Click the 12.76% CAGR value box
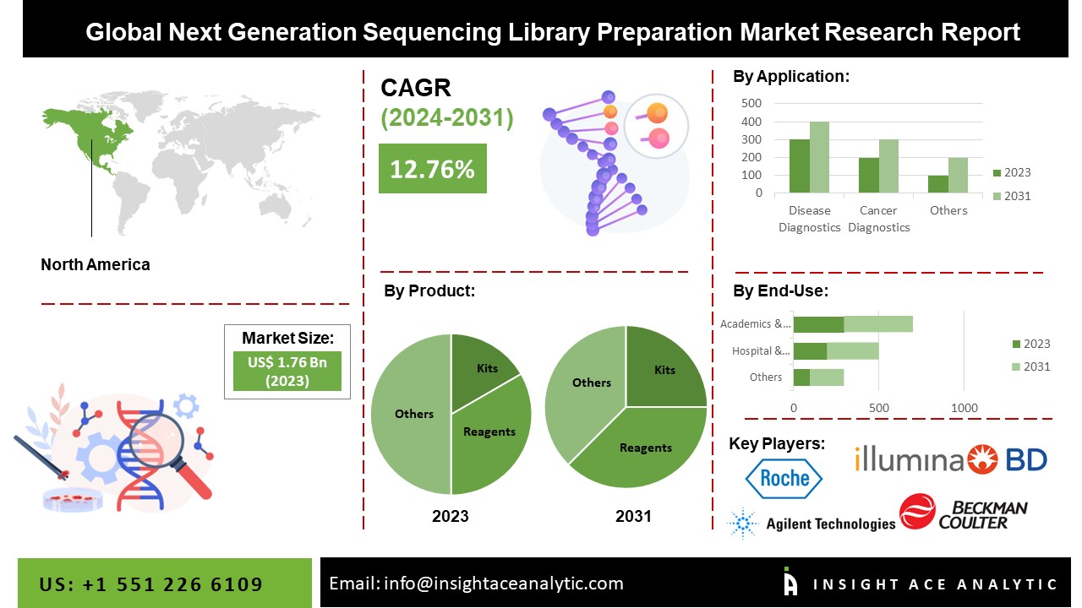[432, 168]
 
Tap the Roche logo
[783, 478]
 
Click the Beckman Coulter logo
[964, 513]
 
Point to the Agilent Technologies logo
[811, 524]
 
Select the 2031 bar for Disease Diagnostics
[819, 157]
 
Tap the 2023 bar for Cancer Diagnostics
[868, 175]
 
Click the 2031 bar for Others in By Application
[958, 175]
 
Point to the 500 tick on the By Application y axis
[751, 103]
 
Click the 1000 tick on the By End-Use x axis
[965, 408]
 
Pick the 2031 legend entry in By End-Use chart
[1030, 366]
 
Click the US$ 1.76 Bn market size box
[287, 371]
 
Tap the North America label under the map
[96, 264]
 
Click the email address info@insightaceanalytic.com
[476, 584]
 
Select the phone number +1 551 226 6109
[151, 584]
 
